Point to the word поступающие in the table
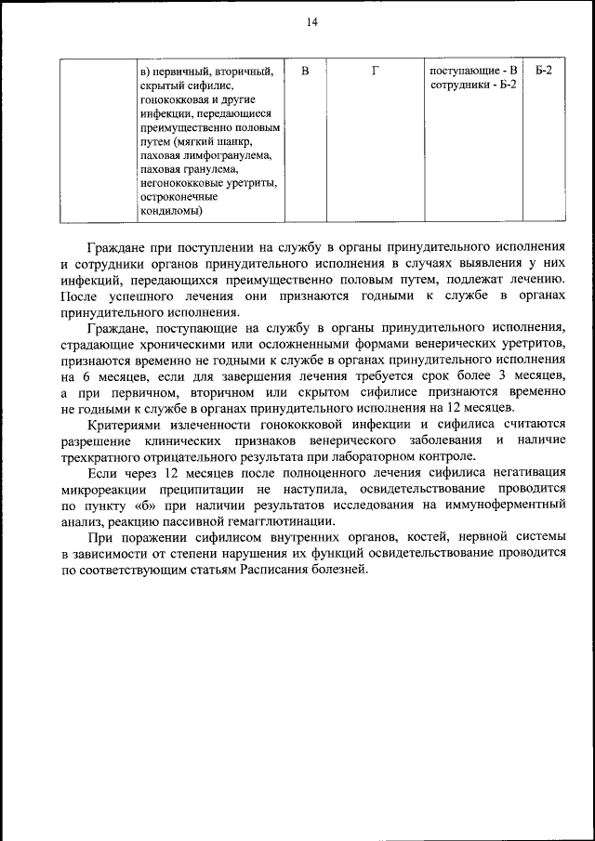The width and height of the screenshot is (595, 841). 462,71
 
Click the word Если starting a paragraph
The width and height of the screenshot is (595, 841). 100,472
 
